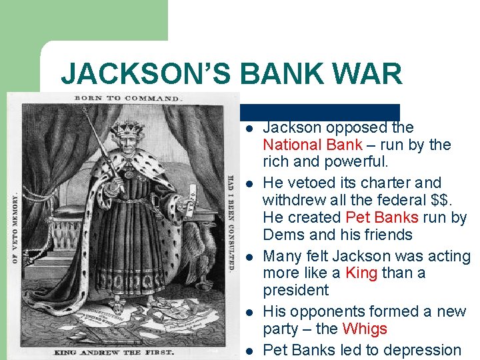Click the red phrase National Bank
coord(312,145)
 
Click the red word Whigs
coord(364,329)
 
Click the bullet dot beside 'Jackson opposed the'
coord(247,128)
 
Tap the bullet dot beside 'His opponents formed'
coord(247,312)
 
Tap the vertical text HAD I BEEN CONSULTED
coord(230,223)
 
